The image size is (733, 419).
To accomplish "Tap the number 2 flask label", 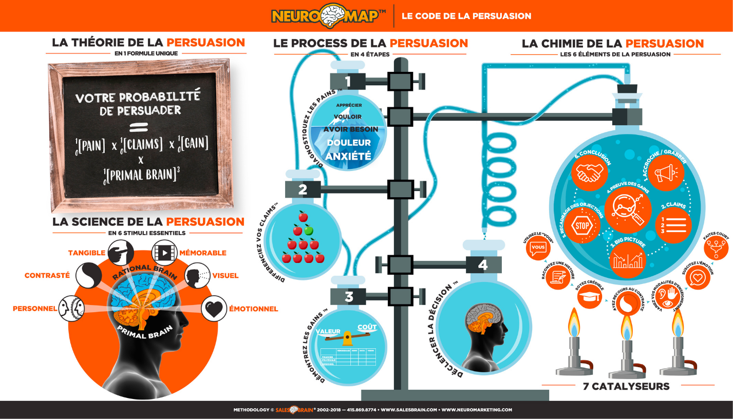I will (303, 189).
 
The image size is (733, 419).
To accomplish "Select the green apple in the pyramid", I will (308, 230).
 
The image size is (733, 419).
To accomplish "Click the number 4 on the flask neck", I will (483, 264).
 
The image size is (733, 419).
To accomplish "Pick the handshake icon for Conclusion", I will (589, 173).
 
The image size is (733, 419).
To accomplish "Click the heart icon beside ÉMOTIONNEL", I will (213, 309).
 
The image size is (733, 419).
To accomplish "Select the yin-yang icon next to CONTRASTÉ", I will (88, 276).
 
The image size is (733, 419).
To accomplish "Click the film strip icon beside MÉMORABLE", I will (164, 253).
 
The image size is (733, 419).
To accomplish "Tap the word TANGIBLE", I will (87, 253).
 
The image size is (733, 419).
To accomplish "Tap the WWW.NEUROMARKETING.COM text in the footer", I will (477, 410).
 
